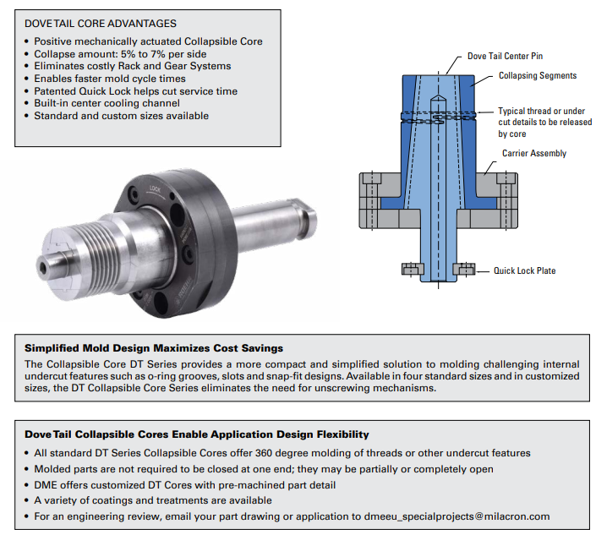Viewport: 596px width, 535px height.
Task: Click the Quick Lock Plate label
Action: tap(525, 270)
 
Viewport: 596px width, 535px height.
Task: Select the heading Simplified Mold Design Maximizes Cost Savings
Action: tap(154, 347)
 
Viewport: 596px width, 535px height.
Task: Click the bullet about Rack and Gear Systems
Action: tap(133, 66)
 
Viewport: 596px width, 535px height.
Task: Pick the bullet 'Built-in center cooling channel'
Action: tap(107, 103)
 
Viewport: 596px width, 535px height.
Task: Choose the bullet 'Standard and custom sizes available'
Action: tap(121, 116)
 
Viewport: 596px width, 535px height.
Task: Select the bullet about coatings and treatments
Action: tap(141, 500)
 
